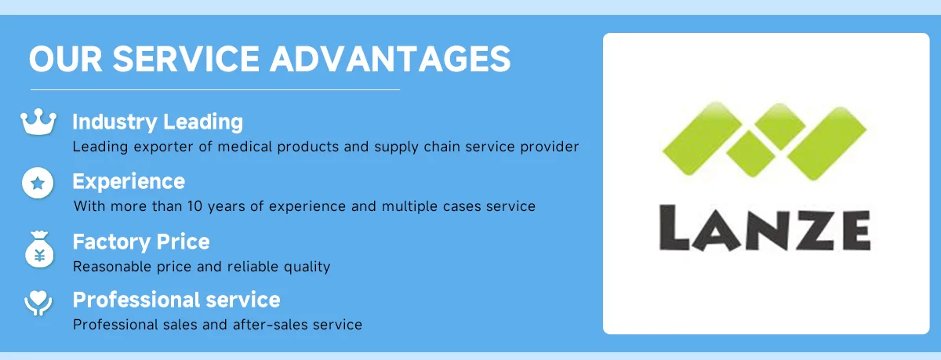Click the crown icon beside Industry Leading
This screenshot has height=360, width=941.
click(x=38, y=122)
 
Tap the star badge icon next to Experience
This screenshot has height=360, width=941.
click(x=38, y=183)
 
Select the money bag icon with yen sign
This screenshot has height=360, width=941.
click(x=39, y=249)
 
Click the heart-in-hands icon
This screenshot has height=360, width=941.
click(x=38, y=304)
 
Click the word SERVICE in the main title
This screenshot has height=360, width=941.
click(x=186, y=59)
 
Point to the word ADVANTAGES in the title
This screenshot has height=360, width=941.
click(x=391, y=59)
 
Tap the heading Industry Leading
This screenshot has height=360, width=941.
click(x=158, y=122)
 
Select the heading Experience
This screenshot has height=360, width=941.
click(x=129, y=181)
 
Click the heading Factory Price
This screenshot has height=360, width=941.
click(x=141, y=242)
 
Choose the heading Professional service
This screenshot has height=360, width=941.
click(x=176, y=300)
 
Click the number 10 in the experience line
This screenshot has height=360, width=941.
click(x=195, y=206)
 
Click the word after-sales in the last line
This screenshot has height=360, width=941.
click(x=266, y=325)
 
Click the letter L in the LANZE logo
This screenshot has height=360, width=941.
click(x=674, y=227)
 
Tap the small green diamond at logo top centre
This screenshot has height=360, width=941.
click(x=779, y=126)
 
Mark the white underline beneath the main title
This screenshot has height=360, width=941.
click(x=215, y=89)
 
